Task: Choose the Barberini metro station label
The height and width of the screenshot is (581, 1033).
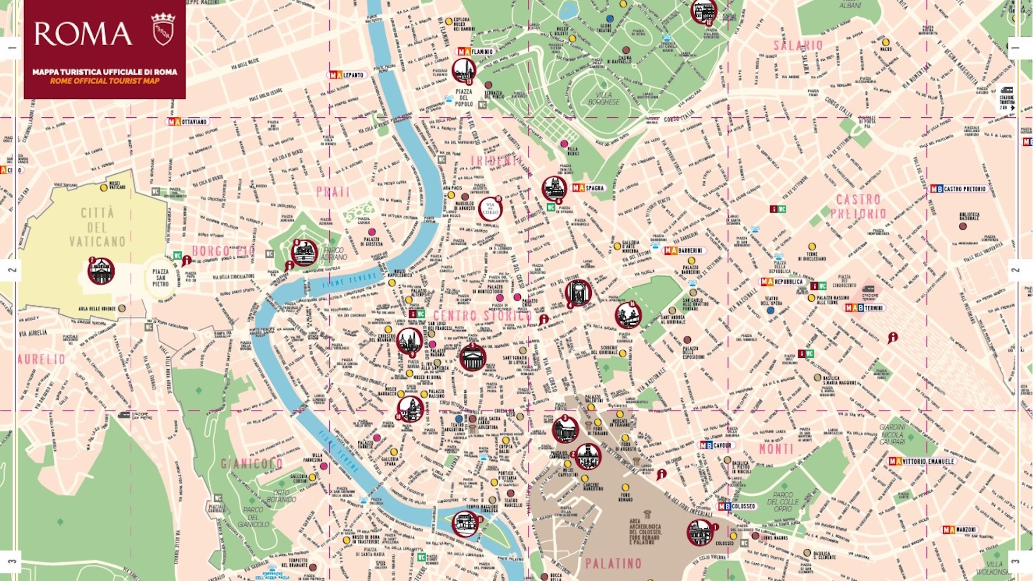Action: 684,250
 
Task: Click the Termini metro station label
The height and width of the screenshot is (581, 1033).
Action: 865,308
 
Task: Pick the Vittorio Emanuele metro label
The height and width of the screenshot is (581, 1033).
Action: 922,461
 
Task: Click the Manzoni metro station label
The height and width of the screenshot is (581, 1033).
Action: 960,529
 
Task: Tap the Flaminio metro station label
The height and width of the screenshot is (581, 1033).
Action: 476,52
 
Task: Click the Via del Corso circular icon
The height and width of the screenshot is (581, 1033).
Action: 490,208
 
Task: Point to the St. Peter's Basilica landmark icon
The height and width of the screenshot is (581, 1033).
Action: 101,271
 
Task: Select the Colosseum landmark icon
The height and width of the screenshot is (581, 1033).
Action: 700,532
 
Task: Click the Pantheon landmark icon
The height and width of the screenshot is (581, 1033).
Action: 472,358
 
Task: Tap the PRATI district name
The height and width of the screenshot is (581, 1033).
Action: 333,192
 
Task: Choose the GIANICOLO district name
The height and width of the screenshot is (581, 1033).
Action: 252,463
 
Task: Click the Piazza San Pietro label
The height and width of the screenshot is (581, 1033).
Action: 160,278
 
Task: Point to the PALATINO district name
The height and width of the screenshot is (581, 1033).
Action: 613,563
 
